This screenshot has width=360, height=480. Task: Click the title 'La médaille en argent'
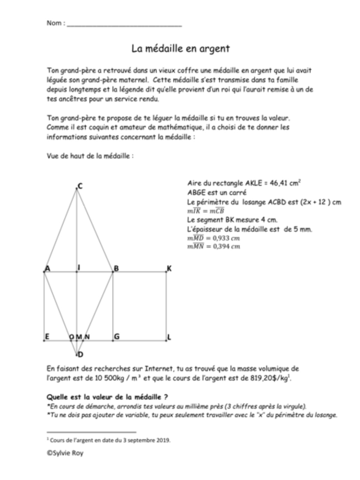click(x=181, y=48)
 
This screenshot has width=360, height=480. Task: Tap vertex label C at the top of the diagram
click(x=80, y=186)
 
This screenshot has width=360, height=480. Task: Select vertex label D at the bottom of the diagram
click(x=80, y=355)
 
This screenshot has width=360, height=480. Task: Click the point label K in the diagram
click(x=169, y=269)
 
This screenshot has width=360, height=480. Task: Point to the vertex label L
click(x=169, y=337)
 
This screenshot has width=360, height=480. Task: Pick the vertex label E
click(x=47, y=336)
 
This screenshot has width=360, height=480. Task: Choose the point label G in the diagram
click(x=117, y=336)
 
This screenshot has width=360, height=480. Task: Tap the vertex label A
click(x=47, y=269)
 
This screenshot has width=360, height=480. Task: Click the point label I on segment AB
click(x=79, y=267)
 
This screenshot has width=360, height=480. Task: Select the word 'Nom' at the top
click(x=54, y=23)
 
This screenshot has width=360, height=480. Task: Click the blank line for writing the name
click(x=124, y=25)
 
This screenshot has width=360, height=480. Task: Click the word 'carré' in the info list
click(x=238, y=193)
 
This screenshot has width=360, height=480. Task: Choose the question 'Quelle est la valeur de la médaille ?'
click(x=107, y=397)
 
